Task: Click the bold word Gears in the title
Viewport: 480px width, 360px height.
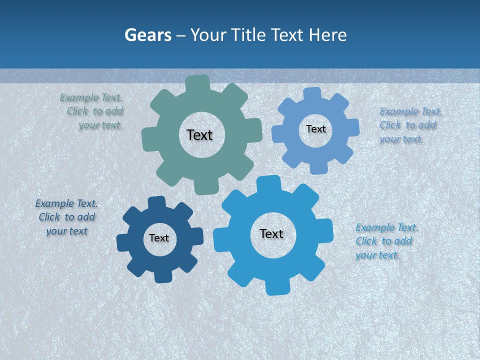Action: [147, 35]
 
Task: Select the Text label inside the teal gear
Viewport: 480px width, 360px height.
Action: [199, 135]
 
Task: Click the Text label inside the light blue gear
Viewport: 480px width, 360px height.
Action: [315, 129]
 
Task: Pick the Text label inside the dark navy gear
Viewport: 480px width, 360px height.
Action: [159, 238]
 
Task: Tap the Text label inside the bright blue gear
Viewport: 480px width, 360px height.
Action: [271, 233]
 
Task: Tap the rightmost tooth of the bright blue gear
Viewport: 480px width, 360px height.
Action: [324, 230]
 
